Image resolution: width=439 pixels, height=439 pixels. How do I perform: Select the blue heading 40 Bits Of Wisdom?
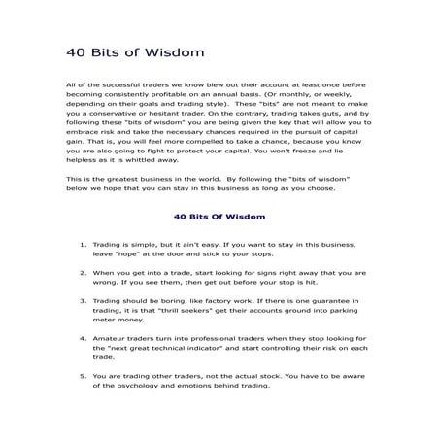pos(219,219)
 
